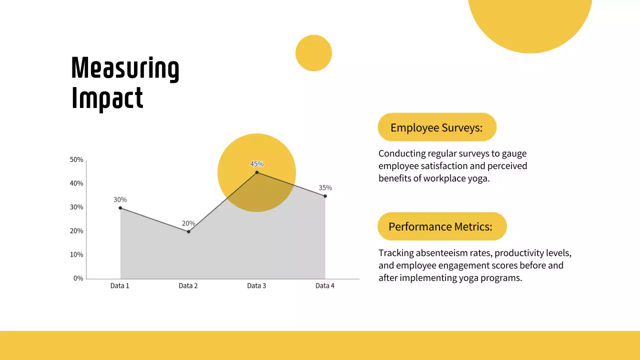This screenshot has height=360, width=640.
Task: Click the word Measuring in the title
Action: click(x=125, y=69)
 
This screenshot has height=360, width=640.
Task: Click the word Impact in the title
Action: click(x=107, y=98)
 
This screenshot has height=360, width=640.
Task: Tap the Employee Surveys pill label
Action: click(x=436, y=127)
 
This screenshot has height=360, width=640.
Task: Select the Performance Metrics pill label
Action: click(x=440, y=226)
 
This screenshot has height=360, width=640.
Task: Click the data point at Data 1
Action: click(x=120, y=208)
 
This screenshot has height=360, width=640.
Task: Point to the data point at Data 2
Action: click(x=188, y=231)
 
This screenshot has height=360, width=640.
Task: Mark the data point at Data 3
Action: click(x=257, y=172)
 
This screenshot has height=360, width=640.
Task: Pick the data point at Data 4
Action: click(x=325, y=196)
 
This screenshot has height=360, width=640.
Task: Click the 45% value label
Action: click(x=257, y=164)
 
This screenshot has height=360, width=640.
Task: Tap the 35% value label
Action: click(x=325, y=188)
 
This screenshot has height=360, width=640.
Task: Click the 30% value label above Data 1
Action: click(x=120, y=199)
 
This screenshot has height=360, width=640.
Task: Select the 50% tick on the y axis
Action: click(x=76, y=160)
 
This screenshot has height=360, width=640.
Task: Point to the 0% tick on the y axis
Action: click(x=78, y=278)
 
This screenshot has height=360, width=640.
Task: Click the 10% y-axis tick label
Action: click(x=76, y=254)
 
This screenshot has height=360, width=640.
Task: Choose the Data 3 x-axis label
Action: click(x=257, y=286)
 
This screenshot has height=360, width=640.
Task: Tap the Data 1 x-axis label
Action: click(x=120, y=286)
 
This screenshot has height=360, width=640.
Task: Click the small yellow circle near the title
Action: click(x=313, y=53)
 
